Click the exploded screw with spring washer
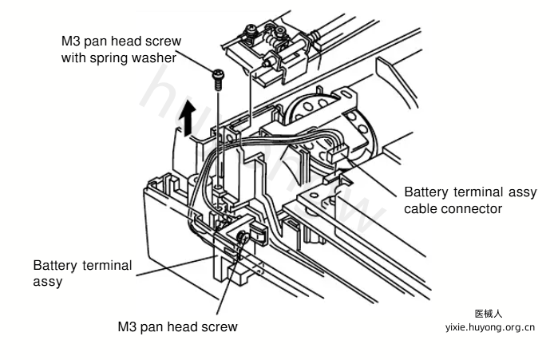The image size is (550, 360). point(218,79)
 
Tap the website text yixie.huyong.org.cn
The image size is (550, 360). point(490,327)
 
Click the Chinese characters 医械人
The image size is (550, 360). point(489,314)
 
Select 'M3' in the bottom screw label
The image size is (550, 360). point(127,326)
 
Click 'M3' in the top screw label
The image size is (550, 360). point(70,41)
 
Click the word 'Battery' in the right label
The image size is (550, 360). point(426,192)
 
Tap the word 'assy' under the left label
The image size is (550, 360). point(48,282)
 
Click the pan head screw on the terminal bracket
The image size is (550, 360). point(242,236)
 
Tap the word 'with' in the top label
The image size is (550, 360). point(73,58)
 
